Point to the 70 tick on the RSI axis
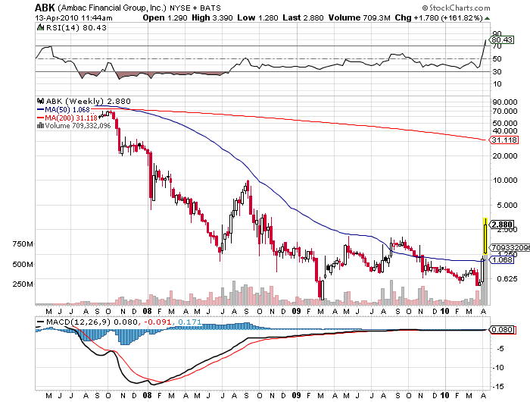coord(497,46)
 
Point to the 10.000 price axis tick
coord(505,180)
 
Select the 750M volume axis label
coord(23,243)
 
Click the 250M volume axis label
coord(23,284)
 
